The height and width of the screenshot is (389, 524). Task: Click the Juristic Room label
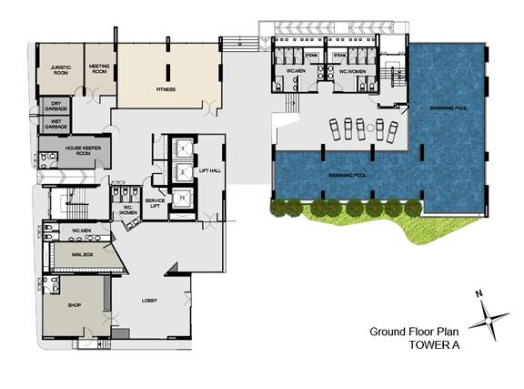click(60, 69)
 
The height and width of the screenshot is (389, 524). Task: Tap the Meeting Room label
click(98, 69)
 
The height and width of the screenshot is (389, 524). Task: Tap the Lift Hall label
click(209, 171)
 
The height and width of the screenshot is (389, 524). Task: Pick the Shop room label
click(76, 306)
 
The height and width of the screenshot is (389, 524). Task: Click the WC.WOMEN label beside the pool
click(352, 71)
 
